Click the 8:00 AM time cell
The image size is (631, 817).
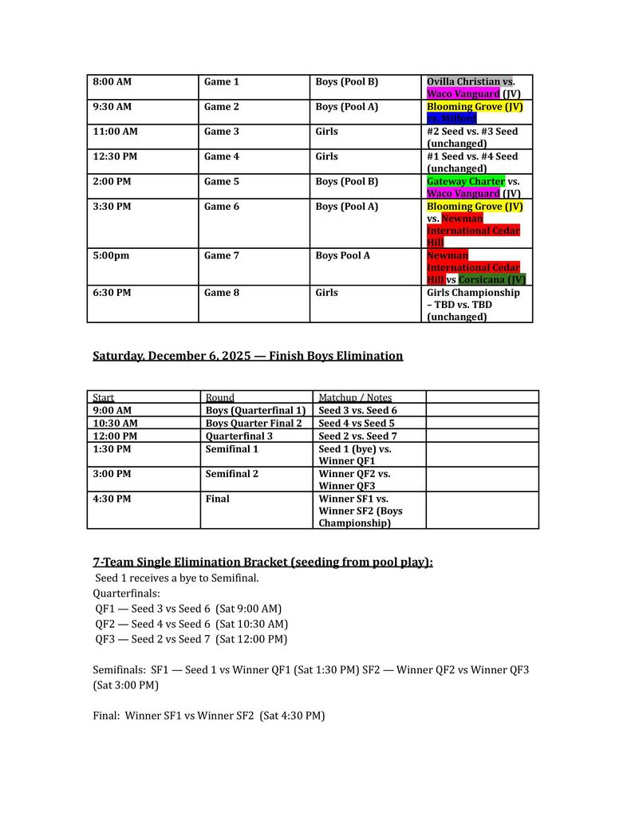tap(112, 82)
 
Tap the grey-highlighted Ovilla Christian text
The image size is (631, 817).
tap(463, 82)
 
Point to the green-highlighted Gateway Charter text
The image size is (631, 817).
tap(465, 181)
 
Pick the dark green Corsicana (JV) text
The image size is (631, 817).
tap(491, 280)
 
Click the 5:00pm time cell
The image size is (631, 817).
tap(110, 256)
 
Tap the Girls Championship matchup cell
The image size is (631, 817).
tap(473, 304)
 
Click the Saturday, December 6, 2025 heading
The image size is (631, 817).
tap(247, 356)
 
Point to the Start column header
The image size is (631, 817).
tap(104, 397)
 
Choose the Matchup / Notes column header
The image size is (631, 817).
tap(355, 397)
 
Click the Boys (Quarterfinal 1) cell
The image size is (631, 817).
tap(255, 410)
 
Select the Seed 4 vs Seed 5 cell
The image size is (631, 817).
tap(357, 423)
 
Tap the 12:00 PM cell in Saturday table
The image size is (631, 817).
tap(115, 436)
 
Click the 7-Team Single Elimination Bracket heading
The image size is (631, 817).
tap(262, 562)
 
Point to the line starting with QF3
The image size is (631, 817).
tap(191, 639)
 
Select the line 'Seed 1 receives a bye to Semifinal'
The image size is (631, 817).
tap(176, 578)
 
